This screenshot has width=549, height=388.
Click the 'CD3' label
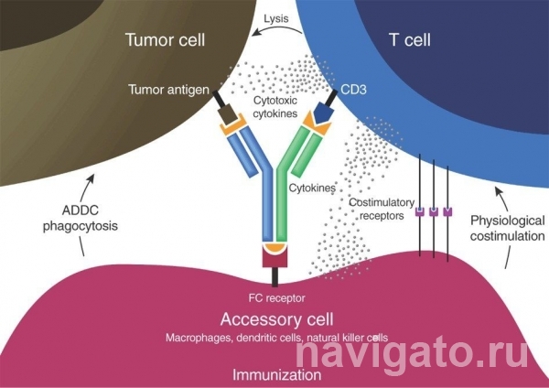[x=352, y=90]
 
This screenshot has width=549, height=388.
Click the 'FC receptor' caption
[x=273, y=297]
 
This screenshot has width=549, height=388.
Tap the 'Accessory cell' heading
[x=274, y=319]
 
